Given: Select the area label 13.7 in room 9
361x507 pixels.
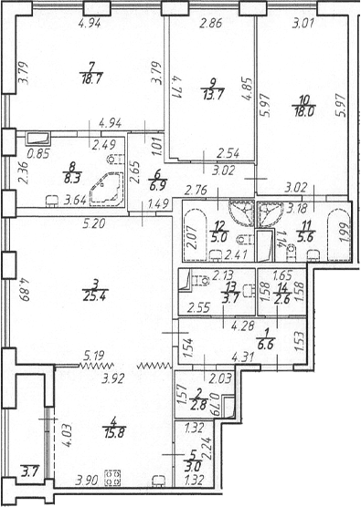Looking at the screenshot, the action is click(213, 95).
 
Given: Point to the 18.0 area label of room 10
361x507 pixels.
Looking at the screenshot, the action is click(304, 112).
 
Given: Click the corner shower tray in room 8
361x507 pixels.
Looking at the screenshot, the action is click(107, 189).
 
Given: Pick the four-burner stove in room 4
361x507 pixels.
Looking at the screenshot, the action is click(112, 478).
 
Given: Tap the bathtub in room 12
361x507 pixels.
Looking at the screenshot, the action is click(195, 233).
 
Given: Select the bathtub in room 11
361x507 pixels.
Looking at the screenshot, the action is click(339, 233).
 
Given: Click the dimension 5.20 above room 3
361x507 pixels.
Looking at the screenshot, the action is click(93, 223).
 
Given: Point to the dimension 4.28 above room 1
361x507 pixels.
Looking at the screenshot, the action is click(242, 326).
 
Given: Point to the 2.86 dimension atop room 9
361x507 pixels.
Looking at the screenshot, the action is click(210, 24).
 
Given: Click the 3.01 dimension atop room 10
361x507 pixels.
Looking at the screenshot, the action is click(303, 24).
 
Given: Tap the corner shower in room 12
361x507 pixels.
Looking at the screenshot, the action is click(240, 212).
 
